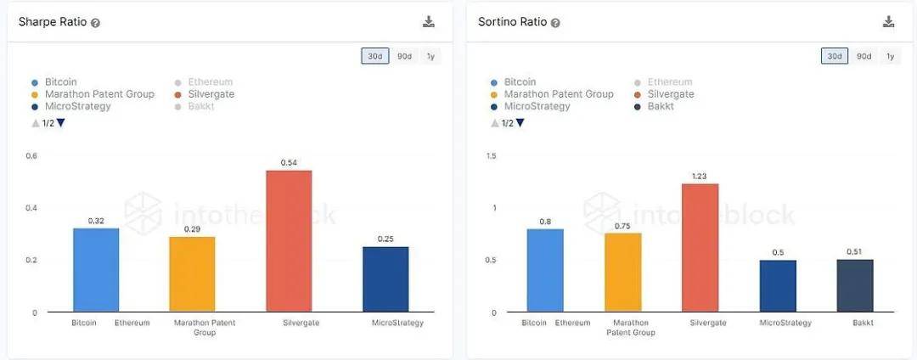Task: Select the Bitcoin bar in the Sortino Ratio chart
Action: (544, 270)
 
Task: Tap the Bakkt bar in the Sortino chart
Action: (855, 285)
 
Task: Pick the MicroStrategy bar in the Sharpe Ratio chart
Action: (385, 278)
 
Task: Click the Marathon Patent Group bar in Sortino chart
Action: (623, 272)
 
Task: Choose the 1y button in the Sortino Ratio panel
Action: (890, 56)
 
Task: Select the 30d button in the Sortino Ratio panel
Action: (834, 56)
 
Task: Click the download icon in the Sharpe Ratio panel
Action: (429, 22)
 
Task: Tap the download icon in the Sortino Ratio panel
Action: (889, 22)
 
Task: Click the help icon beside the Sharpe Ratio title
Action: (96, 23)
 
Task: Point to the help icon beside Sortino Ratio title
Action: (555, 23)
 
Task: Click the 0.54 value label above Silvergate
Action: (289, 162)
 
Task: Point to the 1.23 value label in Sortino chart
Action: (700, 176)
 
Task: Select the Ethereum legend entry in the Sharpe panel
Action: (211, 82)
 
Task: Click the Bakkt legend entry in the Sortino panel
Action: (661, 106)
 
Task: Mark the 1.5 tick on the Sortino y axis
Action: (491, 155)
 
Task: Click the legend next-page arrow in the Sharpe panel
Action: (61, 123)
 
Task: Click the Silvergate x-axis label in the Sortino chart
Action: (700, 323)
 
